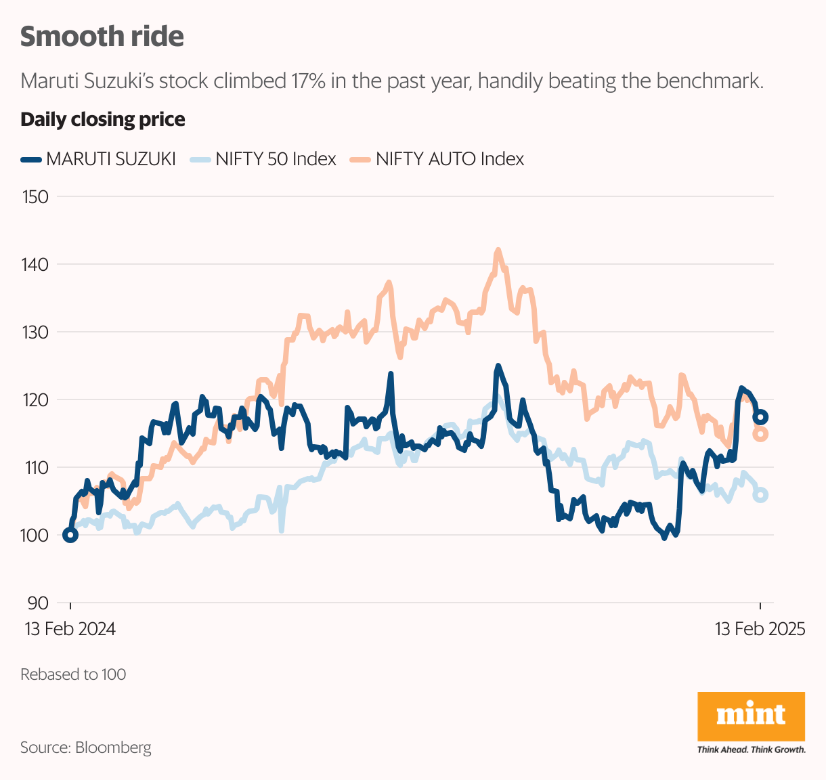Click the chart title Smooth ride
[102, 37]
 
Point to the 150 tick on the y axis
[35, 197]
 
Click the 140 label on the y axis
[35, 265]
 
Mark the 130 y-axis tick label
[35, 332]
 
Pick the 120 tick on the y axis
[35, 400]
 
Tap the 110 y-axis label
[35, 468]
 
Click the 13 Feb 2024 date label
[70, 629]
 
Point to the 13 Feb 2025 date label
[760, 629]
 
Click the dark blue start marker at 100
[70, 535]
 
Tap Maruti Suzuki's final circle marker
[760, 416]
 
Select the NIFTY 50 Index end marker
[760, 495]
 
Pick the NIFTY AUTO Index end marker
[760, 434]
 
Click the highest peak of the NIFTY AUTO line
[498, 250]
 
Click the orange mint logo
[751, 716]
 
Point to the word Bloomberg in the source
[113, 747]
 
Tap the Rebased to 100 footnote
[73, 674]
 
